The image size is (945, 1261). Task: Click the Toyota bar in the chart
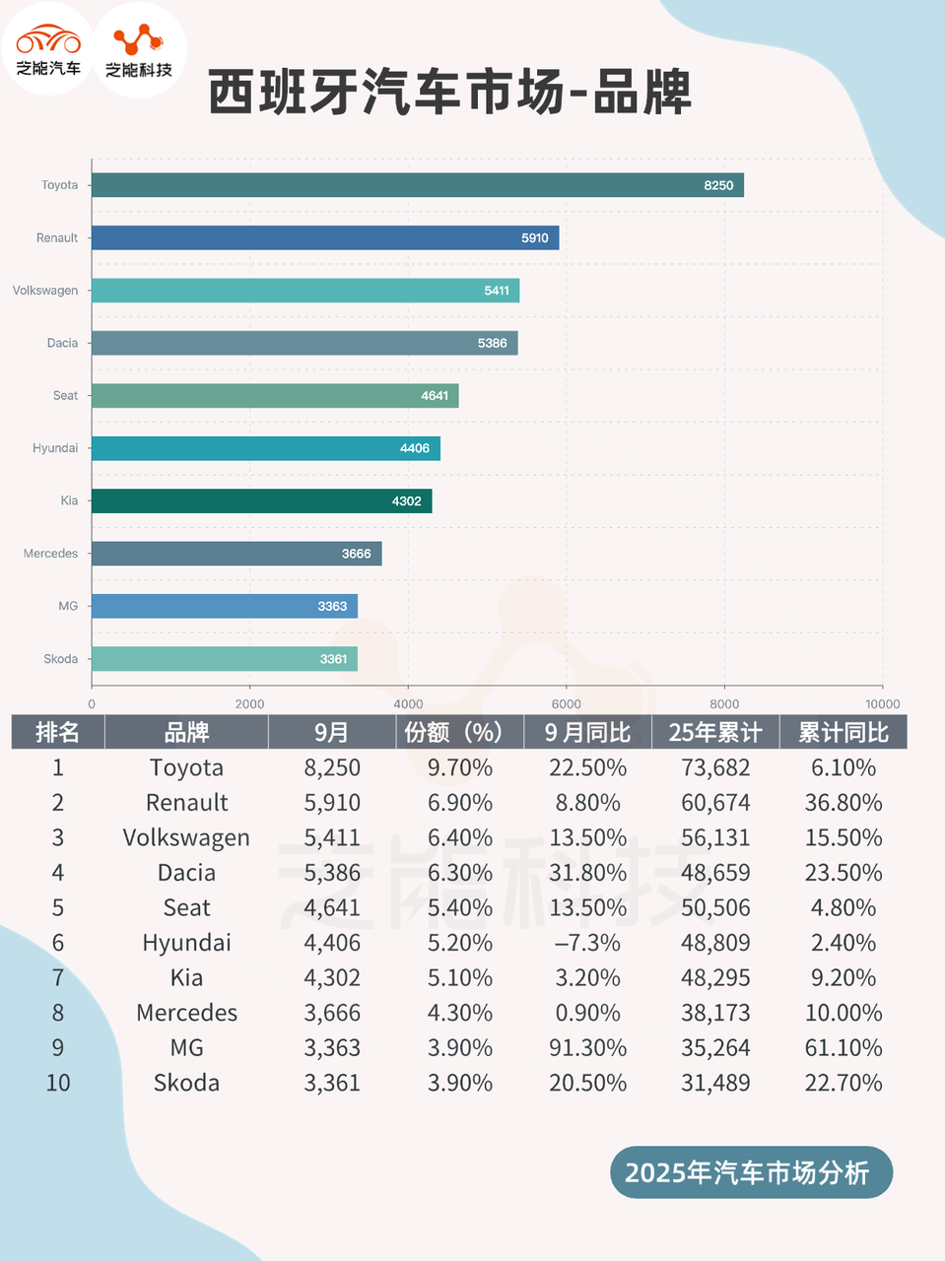click(x=417, y=185)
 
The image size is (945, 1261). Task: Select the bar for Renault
click(x=325, y=237)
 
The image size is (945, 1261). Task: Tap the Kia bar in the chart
click(x=261, y=500)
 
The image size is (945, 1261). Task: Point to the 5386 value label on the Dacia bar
click(x=492, y=343)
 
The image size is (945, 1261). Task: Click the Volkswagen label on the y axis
click(x=45, y=291)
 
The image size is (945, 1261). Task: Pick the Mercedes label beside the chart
click(x=50, y=554)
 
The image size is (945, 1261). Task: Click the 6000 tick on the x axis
click(x=566, y=703)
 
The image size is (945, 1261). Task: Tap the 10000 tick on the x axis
click(x=882, y=703)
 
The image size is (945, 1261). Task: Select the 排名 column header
click(x=57, y=732)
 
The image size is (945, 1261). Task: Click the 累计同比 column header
click(x=843, y=732)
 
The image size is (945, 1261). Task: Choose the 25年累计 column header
click(x=715, y=732)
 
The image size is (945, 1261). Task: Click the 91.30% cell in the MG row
click(x=587, y=1047)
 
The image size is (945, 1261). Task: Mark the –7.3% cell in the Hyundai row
click(x=587, y=943)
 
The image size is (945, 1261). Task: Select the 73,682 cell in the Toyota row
click(x=715, y=767)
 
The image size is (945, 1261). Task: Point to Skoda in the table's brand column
click(x=186, y=1083)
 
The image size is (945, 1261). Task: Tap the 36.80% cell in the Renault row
click(x=843, y=803)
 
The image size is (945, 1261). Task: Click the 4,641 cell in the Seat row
click(x=332, y=907)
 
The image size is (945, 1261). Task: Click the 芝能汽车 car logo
click(x=48, y=49)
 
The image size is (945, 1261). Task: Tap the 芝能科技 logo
click(x=139, y=49)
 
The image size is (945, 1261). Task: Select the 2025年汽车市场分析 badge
click(x=751, y=1172)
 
